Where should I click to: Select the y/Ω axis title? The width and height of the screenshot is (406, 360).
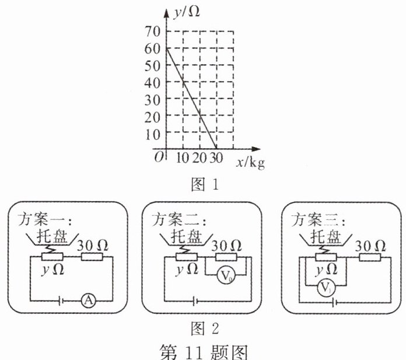pyautogui.click(x=186, y=11)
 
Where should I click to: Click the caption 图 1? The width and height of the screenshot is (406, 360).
pyautogui.click(x=204, y=186)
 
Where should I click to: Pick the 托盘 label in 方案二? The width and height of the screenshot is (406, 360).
pyautogui.click(x=187, y=236)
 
